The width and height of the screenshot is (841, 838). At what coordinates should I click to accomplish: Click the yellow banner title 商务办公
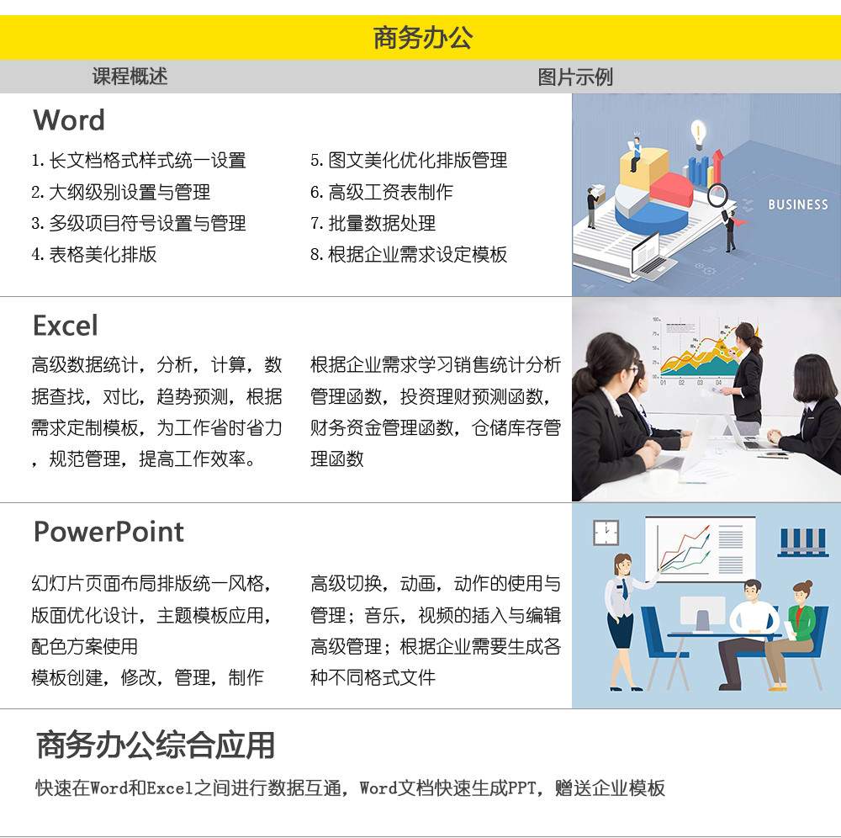point(423,38)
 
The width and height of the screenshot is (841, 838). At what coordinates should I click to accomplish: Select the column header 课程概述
point(130,77)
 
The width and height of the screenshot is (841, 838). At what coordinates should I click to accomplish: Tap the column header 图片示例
point(575,77)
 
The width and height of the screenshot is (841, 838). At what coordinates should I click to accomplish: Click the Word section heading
point(69,119)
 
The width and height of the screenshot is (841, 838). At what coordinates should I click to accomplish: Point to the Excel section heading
point(66,326)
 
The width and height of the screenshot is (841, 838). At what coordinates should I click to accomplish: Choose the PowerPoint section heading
point(108,532)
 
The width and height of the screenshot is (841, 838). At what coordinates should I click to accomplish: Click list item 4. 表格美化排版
point(94,254)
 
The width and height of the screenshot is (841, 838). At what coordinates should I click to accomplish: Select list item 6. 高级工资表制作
point(381,192)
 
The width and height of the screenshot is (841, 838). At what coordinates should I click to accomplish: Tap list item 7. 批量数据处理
point(373,223)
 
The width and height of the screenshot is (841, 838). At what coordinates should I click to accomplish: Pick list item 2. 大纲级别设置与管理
point(120,192)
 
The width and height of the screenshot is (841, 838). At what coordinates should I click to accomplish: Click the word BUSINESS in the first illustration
point(797,204)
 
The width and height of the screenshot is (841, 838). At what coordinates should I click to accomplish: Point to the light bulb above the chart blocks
point(698,134)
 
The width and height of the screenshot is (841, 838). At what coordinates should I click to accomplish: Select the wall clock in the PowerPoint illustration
point(606,533)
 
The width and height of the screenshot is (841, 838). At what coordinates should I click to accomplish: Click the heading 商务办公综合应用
point(156,745)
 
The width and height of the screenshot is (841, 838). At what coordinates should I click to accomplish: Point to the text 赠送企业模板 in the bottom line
point(610,788)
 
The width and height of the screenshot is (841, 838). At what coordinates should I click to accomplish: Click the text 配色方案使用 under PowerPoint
point(85,646)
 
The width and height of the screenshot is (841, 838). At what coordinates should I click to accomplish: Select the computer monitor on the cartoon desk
point(702,613)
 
